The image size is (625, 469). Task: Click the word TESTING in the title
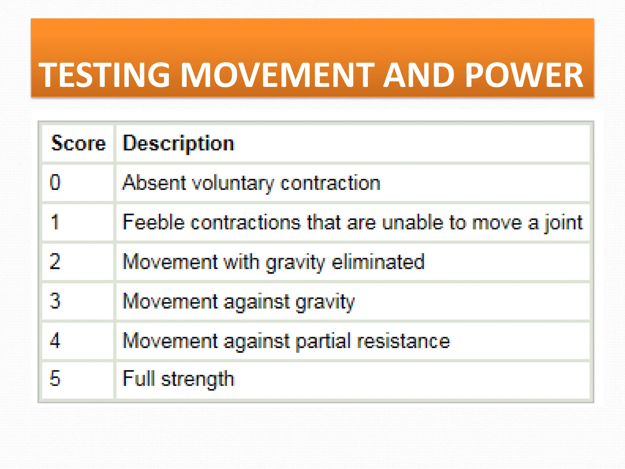tap(104, 75)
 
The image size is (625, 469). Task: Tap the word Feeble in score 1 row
tap(154, 222)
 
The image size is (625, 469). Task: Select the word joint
tap(564, 223)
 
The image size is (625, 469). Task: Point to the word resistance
tap(403, 341)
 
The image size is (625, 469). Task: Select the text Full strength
tap(179, 379)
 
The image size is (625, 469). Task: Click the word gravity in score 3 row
tap(325, 302)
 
